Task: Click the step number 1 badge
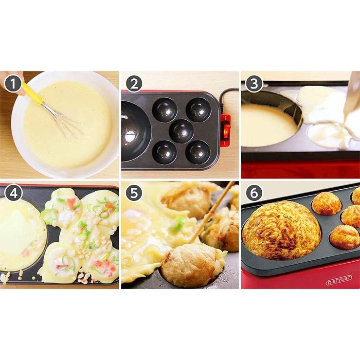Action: [14, 84]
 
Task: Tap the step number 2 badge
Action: [133, 84]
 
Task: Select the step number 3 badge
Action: [253, 84]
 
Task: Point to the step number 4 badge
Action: [14, 193]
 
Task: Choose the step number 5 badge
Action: [133, 193]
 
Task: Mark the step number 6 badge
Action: [253, 193]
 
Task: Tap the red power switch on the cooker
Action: [225, 129]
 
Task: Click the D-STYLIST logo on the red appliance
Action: [339, 282]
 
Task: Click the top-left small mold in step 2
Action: [164, 110]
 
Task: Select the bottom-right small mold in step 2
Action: [198, 152]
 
